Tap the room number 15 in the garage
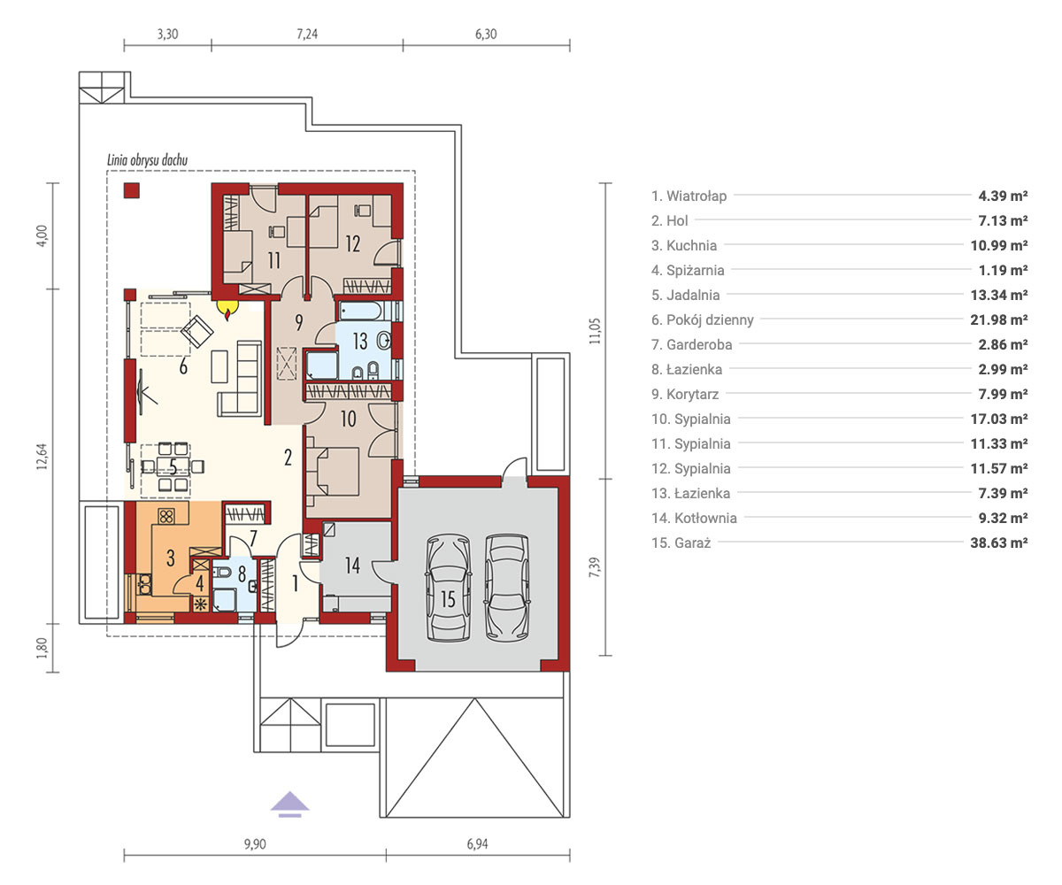click(448, 599)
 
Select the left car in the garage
click(449, 587)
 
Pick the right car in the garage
click(507, 587)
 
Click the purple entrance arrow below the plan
click(289, 804)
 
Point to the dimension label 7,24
click(307, 35)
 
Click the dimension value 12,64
click(42, 457)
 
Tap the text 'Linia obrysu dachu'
click(147, 160)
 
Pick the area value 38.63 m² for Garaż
click(999, 543)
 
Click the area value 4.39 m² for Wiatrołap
click(1003, 196)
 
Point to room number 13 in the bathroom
click(360, 342)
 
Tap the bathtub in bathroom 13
click(359, 312)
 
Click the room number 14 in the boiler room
click(352, 566)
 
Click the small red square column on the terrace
click(132, 190)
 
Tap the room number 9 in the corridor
click(298, 322)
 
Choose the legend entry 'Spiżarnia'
click(688, 270)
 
